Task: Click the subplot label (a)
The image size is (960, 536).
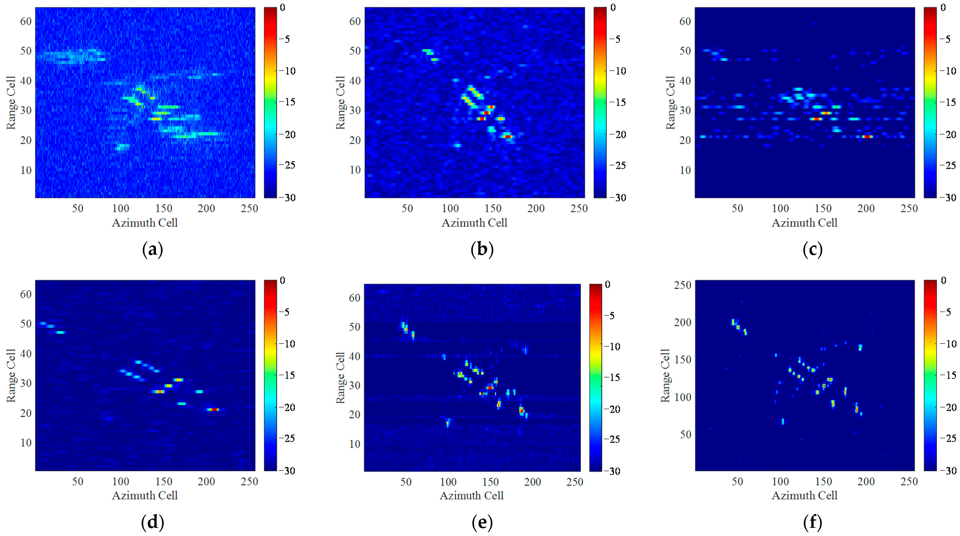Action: pyautogui.click(x=152, y=249)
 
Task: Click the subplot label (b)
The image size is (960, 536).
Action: pyautogui.click(x=482, y=249)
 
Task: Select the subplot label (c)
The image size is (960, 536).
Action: pyautogui.click(x=812, y=249)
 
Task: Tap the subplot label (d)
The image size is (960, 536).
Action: pyautogui.click(x=152, y=522)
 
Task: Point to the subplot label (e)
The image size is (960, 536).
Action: pyautogui.click(x=482, y=522)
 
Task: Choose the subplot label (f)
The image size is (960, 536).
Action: pyautogui.click(x=812, y=522)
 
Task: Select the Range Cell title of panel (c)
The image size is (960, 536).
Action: pyautogui.click(x=670, y=103)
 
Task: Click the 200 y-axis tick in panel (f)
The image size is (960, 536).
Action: pyautogui.click(x=682, y=322)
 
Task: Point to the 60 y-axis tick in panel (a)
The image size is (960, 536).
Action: pyautogui.click(x=26, y=21)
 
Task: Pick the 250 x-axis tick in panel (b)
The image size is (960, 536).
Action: pyautogui.click(x=579, y=208)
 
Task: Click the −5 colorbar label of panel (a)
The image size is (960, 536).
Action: pyautogui.click(x=285, y=39)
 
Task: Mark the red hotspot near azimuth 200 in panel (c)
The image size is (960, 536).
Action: pyautogui.click(x=867, y=137)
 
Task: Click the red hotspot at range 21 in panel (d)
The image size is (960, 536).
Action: pyautogui.click(x=213, y=410)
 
